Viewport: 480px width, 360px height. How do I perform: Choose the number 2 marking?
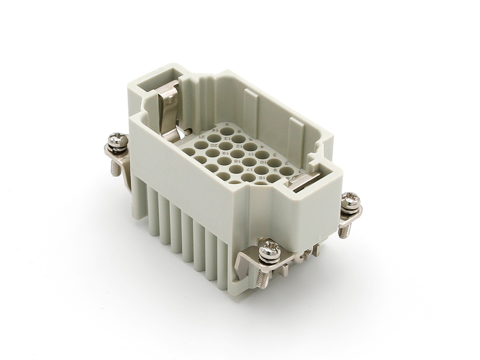click(287, 163)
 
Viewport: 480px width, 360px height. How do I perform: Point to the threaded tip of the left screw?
click(115, 168)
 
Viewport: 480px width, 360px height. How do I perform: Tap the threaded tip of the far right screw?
click(343, 231)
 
